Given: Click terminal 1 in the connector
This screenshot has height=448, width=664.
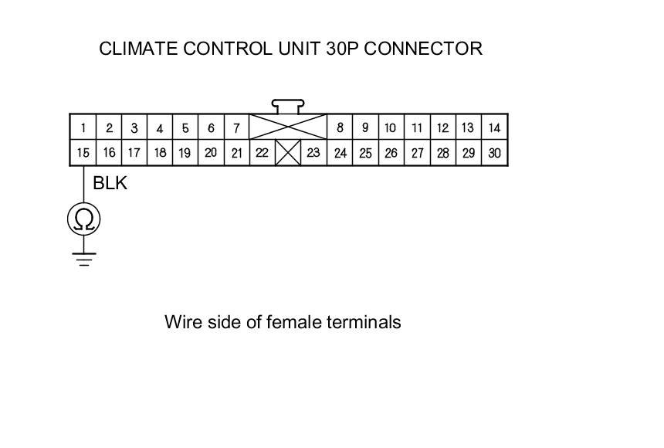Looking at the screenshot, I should (83, 128).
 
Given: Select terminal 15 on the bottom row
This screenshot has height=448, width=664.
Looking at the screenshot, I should (83, 153).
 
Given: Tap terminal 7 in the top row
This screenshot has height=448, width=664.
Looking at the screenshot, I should (236, 128).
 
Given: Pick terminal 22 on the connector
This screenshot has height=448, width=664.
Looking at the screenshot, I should (262, 153).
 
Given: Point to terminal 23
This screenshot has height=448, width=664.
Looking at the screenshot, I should (313, 153).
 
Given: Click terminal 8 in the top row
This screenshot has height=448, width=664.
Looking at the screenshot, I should (340, 128).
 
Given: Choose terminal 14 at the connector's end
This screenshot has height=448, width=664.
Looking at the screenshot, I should (495, 128).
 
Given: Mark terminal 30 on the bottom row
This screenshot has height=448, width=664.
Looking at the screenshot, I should (495, 153).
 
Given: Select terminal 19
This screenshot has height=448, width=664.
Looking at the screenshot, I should (185, 153).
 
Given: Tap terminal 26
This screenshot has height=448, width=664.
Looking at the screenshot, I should (391, 153).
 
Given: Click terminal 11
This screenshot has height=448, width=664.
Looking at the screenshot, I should (417, 128).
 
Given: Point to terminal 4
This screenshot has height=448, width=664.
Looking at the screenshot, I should (159, 128).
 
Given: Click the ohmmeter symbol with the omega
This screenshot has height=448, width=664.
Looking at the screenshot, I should (83, 220).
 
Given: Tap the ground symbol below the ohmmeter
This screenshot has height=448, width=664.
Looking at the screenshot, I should (83, 258).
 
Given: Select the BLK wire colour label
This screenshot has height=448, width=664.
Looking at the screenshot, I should (110, 184).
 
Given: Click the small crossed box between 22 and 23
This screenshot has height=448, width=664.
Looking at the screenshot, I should (288, 152).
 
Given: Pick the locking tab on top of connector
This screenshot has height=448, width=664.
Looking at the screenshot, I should (287, 105).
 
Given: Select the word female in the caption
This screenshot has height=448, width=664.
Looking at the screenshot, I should (292, 322).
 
